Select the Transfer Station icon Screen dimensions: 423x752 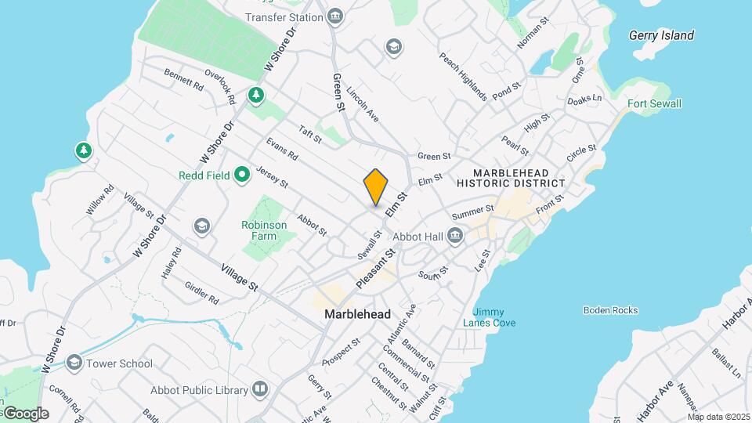(335, 16)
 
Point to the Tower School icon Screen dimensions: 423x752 (74, 363)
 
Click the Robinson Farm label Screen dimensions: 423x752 (264, 225)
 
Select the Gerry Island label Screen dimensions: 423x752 (661, 35)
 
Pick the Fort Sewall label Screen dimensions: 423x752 (654, 103)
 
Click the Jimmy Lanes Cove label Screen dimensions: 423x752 (489, 317)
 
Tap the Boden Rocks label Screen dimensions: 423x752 (610, 310)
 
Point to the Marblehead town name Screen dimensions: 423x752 (358, 314)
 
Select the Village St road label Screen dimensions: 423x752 (239, 277)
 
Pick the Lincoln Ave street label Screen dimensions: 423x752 (363, 103)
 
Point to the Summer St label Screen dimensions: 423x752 (472, 211)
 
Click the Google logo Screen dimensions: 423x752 (26, 414)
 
